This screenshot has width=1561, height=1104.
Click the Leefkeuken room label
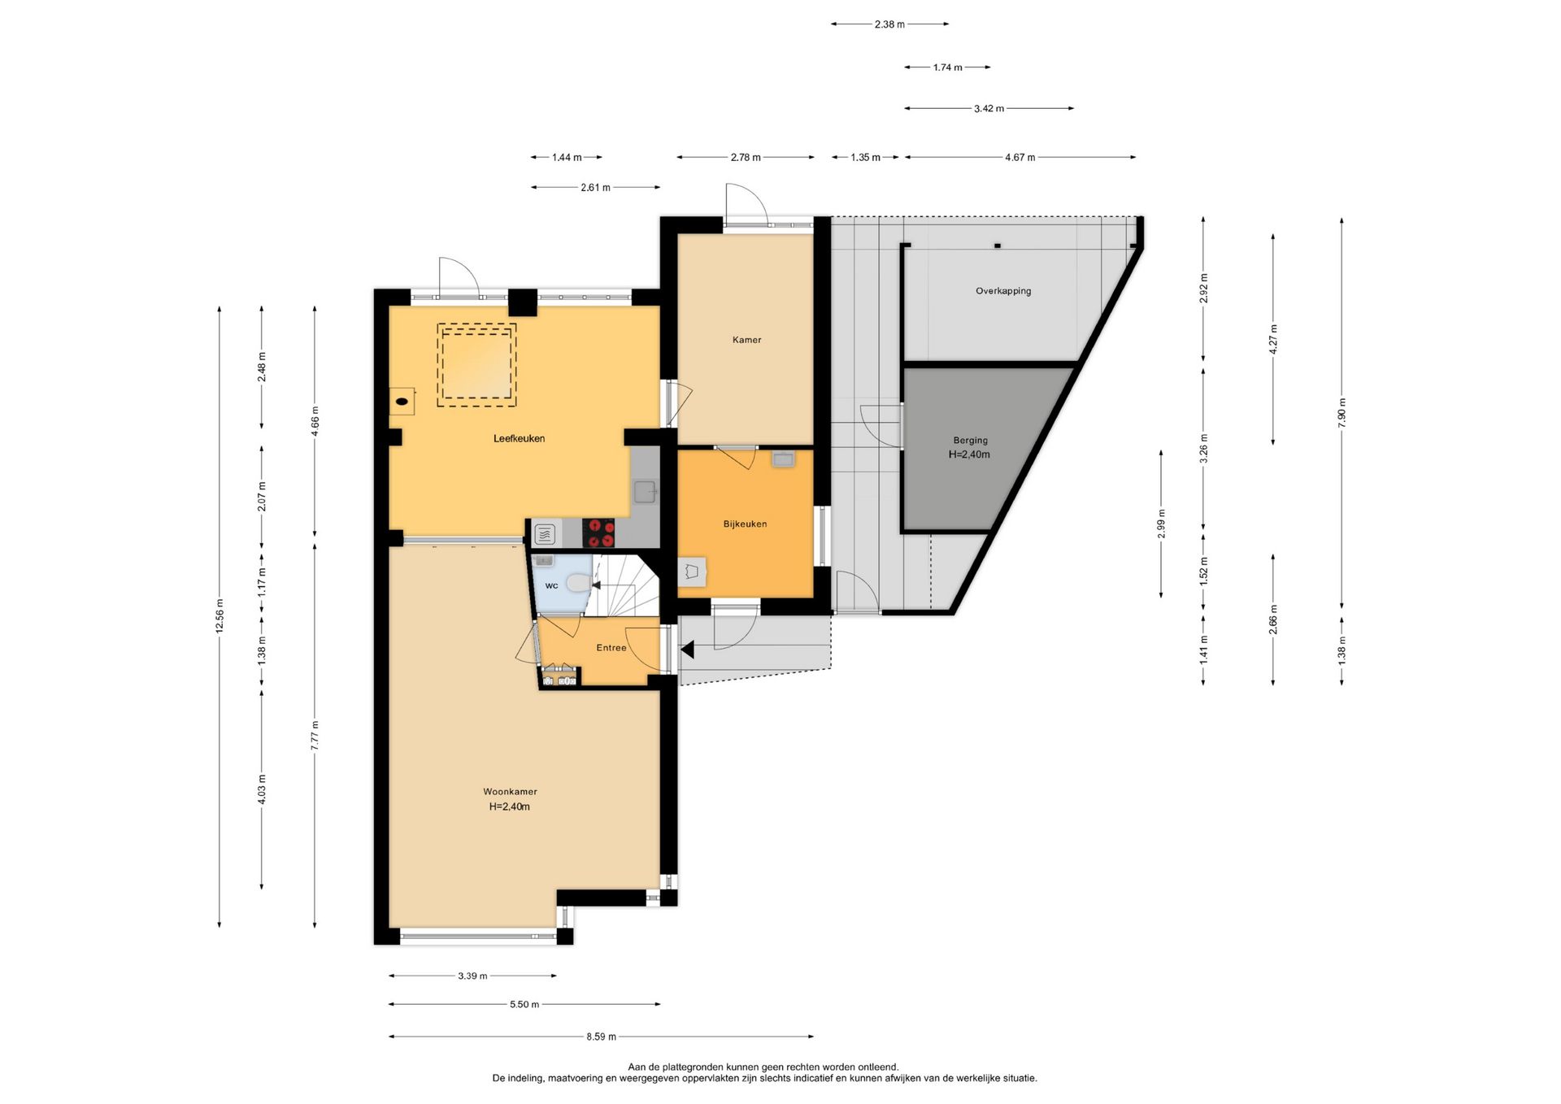(519, 439)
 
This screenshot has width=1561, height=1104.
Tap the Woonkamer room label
(510, 792)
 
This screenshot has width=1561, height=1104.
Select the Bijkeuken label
(745, 524)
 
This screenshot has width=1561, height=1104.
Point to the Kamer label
(746, 340)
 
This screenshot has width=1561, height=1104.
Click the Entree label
(611, 648)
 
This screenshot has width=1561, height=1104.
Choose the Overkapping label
(1003, 291)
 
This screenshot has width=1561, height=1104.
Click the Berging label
(970, 441)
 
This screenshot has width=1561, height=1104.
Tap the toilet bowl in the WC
(578, 583)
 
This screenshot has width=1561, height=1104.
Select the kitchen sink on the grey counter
(645, 492)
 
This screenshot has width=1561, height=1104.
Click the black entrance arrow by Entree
(687, 650)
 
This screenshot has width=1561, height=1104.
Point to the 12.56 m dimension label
(220, 615)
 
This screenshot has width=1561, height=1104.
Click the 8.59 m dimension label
(601, 1037)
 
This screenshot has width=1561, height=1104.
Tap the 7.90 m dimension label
(1341, 414)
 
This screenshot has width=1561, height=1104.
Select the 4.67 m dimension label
(1020, 158)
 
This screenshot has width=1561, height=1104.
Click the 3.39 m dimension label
(472, 976)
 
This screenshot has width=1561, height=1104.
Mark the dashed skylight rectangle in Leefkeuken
(476, 365)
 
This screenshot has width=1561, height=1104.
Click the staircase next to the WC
(624, 585)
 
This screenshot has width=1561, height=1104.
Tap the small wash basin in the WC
(543, 560)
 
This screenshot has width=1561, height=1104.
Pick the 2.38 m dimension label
(889, 24)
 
